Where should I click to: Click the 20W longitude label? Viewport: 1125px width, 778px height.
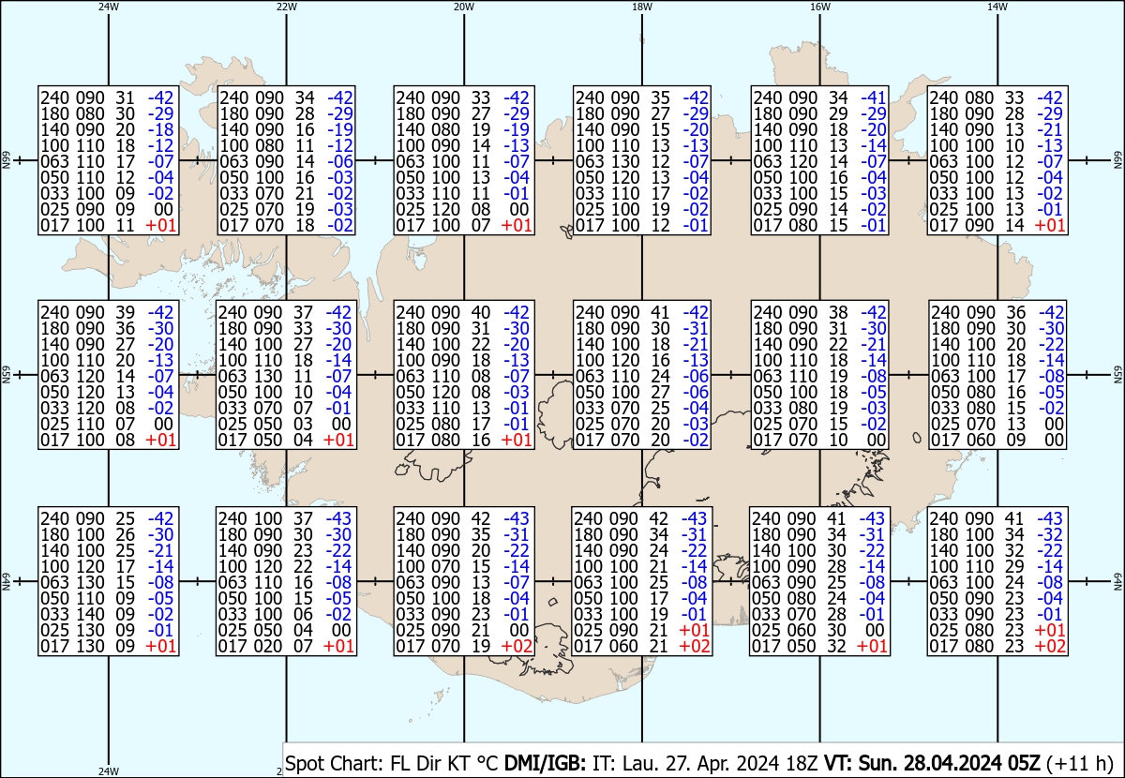(x=463, y=7)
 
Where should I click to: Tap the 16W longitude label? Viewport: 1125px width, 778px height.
(x=819, y=7)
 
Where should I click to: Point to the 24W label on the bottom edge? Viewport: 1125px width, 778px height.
(x=109, y=771)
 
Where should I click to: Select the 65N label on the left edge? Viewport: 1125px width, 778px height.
(x=6, y=375)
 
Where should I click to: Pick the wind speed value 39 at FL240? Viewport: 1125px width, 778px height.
(x=124, y=313)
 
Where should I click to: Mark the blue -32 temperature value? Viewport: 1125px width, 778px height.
(x=1049, y=535)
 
